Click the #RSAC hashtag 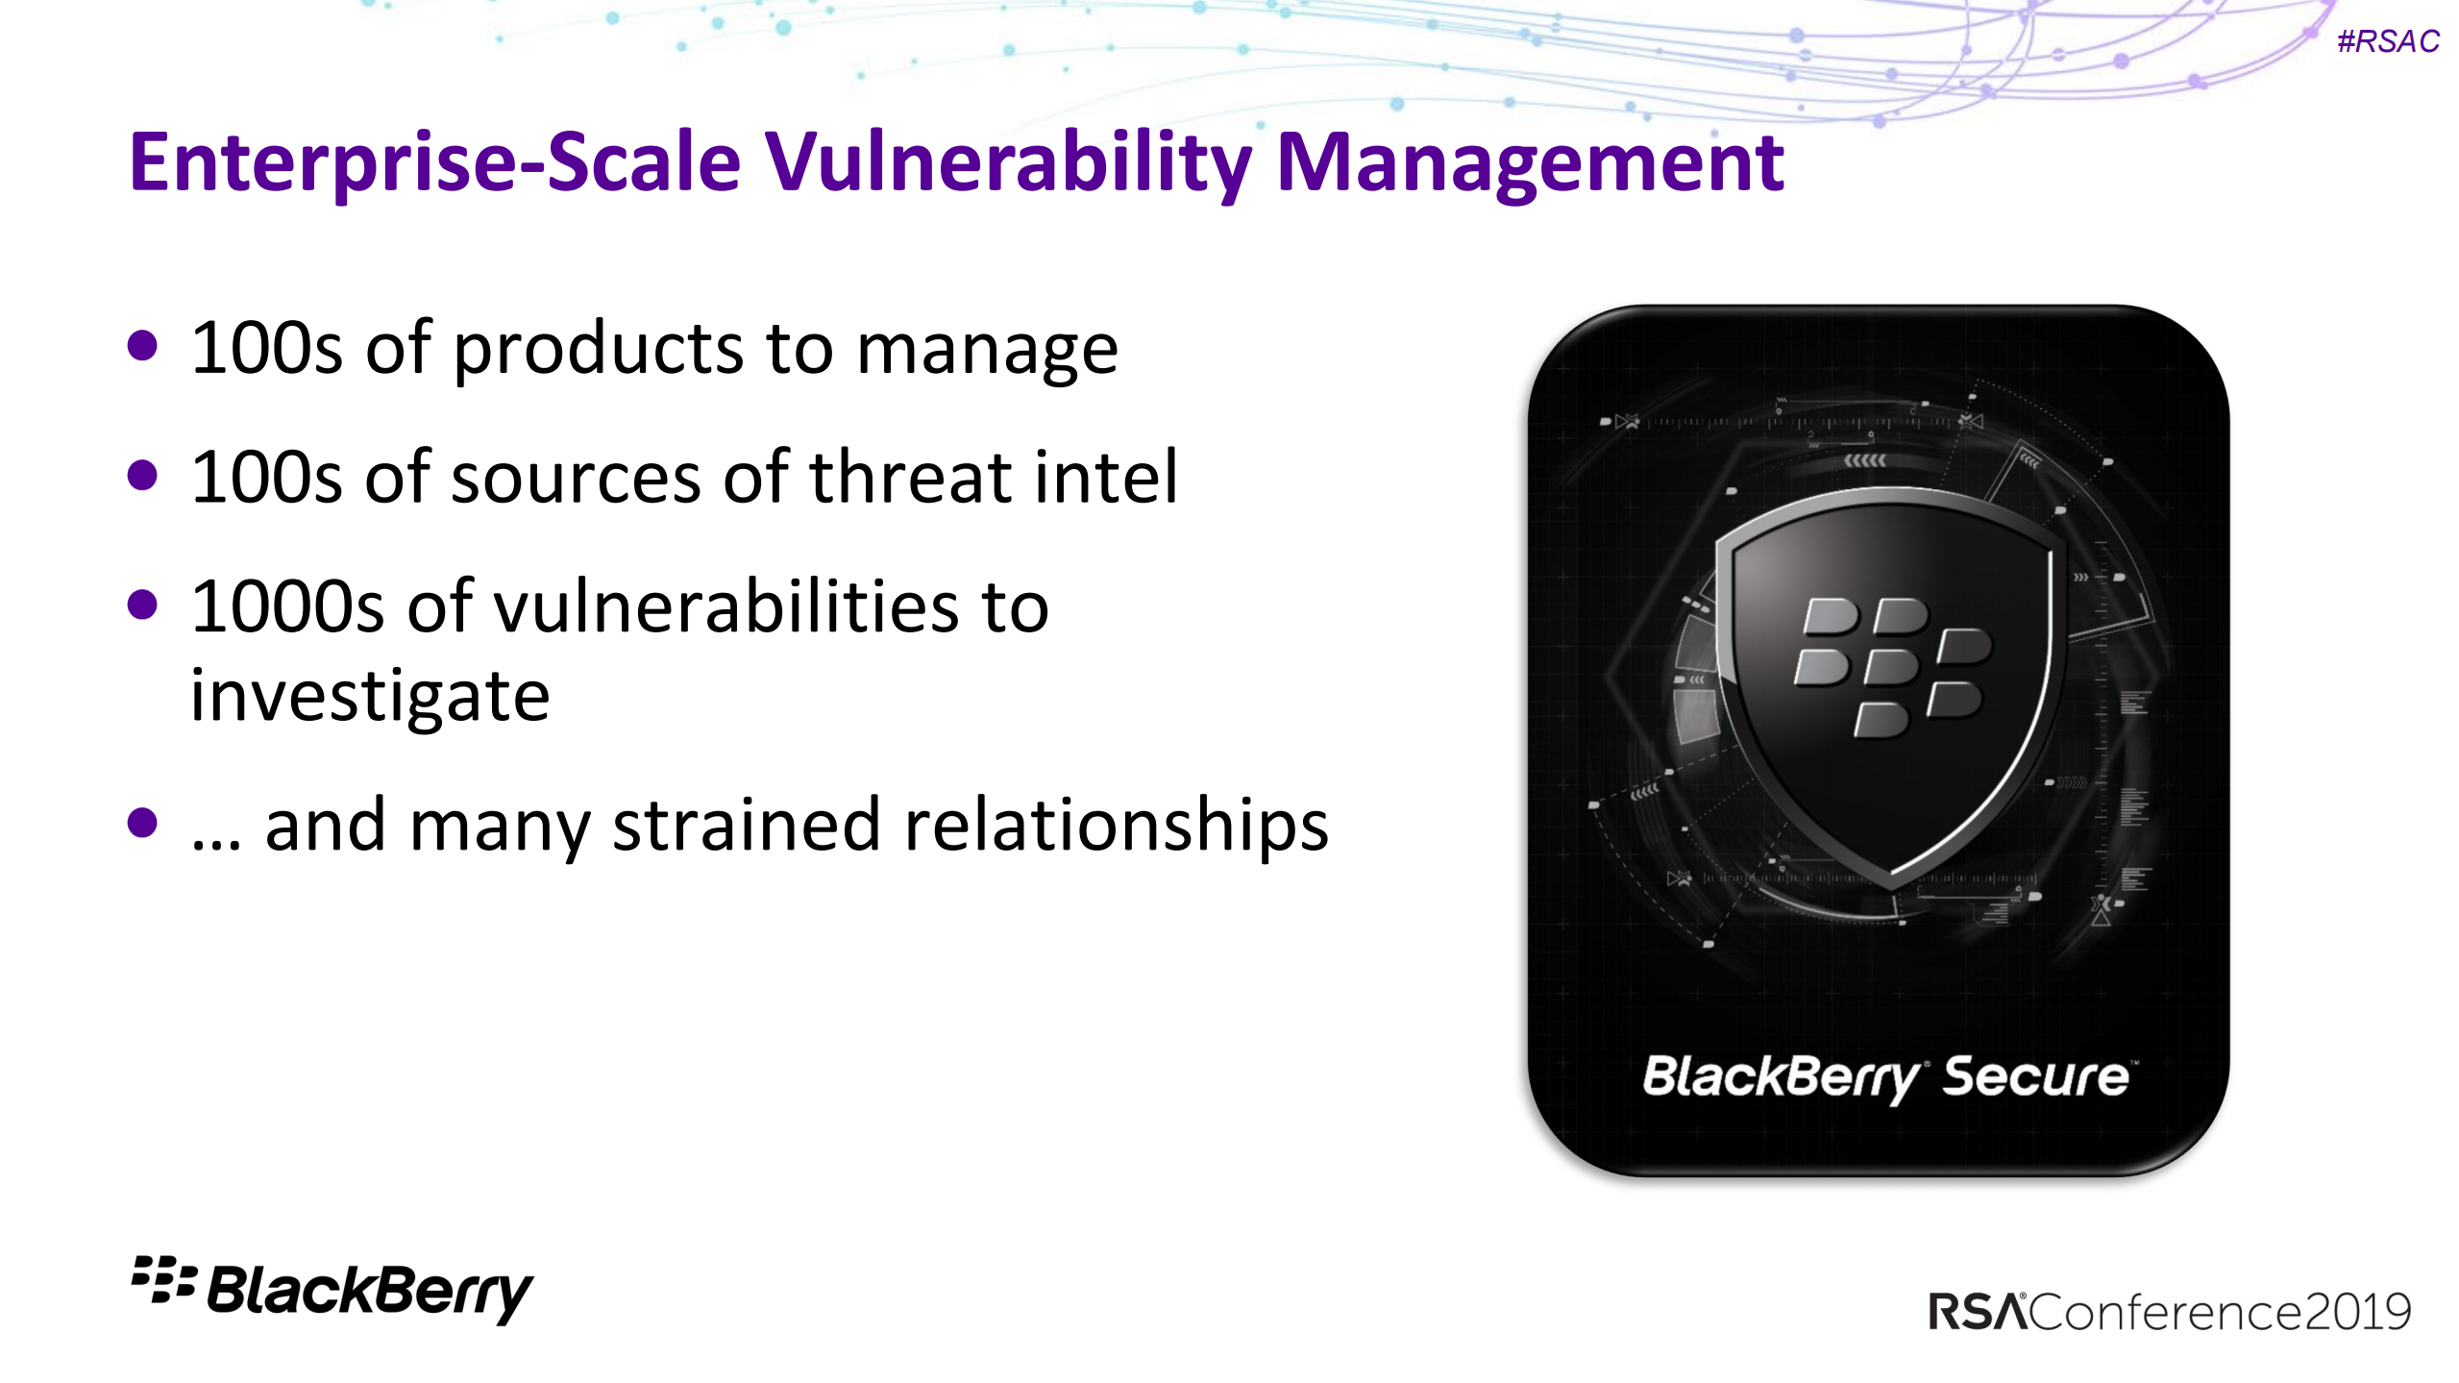point(2387,41)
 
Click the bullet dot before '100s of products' point(142,346)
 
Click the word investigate point(370,696)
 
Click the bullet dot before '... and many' point(142,823)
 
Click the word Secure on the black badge point(2035,1076)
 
